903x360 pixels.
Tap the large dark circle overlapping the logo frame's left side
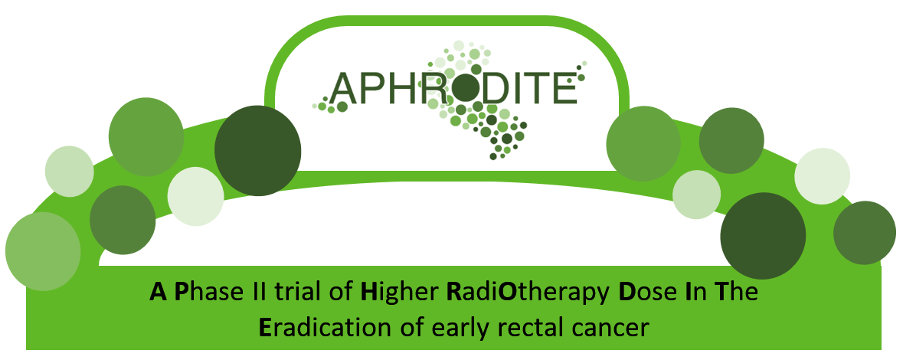pos(258,150)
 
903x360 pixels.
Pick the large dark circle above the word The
pos(763,236)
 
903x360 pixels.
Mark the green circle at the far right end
pos(865,233)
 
